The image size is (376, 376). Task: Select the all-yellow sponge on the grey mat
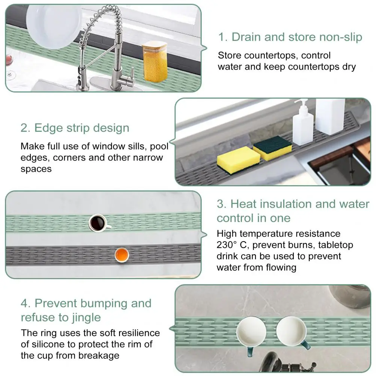pos(233,160)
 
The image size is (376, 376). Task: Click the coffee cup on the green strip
pos(98,222)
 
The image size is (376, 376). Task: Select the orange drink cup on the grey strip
pos(122,255)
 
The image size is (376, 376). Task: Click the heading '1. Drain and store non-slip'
pos(290,37)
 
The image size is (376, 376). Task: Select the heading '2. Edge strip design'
pos(75,128)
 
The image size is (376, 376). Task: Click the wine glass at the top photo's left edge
pos(9,64)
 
